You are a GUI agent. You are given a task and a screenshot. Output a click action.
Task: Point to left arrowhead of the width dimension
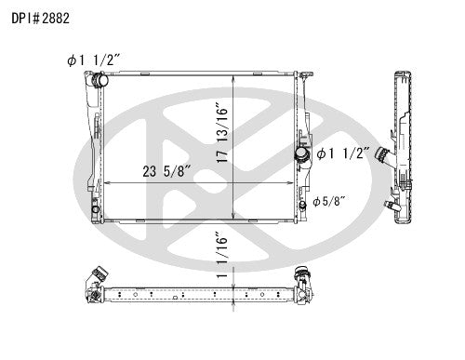pos(107,183)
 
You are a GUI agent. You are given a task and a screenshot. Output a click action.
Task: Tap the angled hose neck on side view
pos(383,167)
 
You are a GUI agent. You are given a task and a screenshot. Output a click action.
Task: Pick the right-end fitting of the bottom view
pos(302,276)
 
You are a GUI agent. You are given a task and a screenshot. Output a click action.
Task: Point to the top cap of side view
pos(400,73)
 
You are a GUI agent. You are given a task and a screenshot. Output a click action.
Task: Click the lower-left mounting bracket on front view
pos(97,211)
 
